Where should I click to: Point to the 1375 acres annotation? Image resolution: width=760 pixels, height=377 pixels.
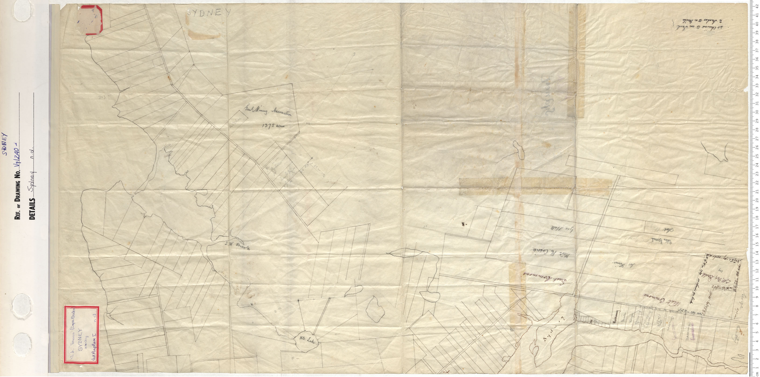point(274,126)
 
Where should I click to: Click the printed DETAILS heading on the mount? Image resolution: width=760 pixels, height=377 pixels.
point(32,208)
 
